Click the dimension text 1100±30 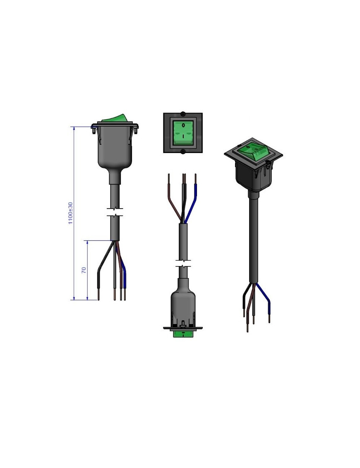tap(70, 213)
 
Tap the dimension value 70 tap(84, 270)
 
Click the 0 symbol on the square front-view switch tap(183, 126)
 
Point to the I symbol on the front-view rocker tap(183, 137)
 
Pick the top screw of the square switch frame tap(182, 114)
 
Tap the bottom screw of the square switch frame tap(182, 152)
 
